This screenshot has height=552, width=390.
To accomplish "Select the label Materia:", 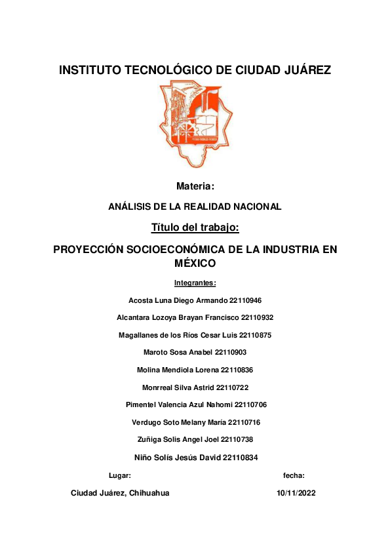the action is tap(195, 187).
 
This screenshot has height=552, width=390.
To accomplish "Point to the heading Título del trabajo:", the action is tap(195, 228).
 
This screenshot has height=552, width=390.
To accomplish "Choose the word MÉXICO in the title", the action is tap(195, 264).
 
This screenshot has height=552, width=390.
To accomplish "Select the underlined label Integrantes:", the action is tap(195, 283).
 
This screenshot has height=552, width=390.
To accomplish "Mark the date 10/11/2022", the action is tap(296, 493).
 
